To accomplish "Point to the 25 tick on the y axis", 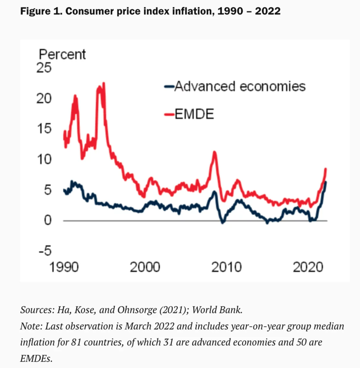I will (x=44, y=68).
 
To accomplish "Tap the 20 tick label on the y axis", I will (x=44, y=98).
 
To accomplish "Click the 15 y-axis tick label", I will (x=44, y=129).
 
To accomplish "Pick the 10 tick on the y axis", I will (x=44, y=159).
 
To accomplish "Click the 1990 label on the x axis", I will (x=64, y=266).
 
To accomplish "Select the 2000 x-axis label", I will (x=145, y=266).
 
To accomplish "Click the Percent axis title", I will (x=62, y=54).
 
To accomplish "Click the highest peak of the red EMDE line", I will (x=104, y=83).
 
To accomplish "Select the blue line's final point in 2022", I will (x=326, y=182).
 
